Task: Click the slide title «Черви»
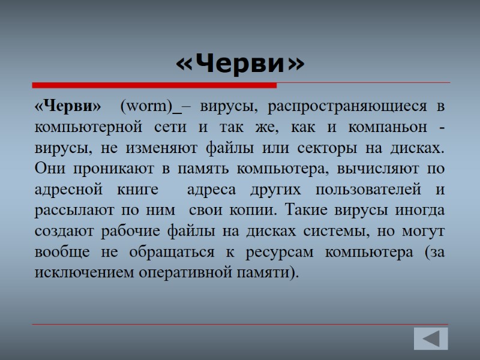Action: (240, 63)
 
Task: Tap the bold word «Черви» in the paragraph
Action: (68, 107)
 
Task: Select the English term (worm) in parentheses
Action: (146, 107)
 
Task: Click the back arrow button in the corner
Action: (431, 339)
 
